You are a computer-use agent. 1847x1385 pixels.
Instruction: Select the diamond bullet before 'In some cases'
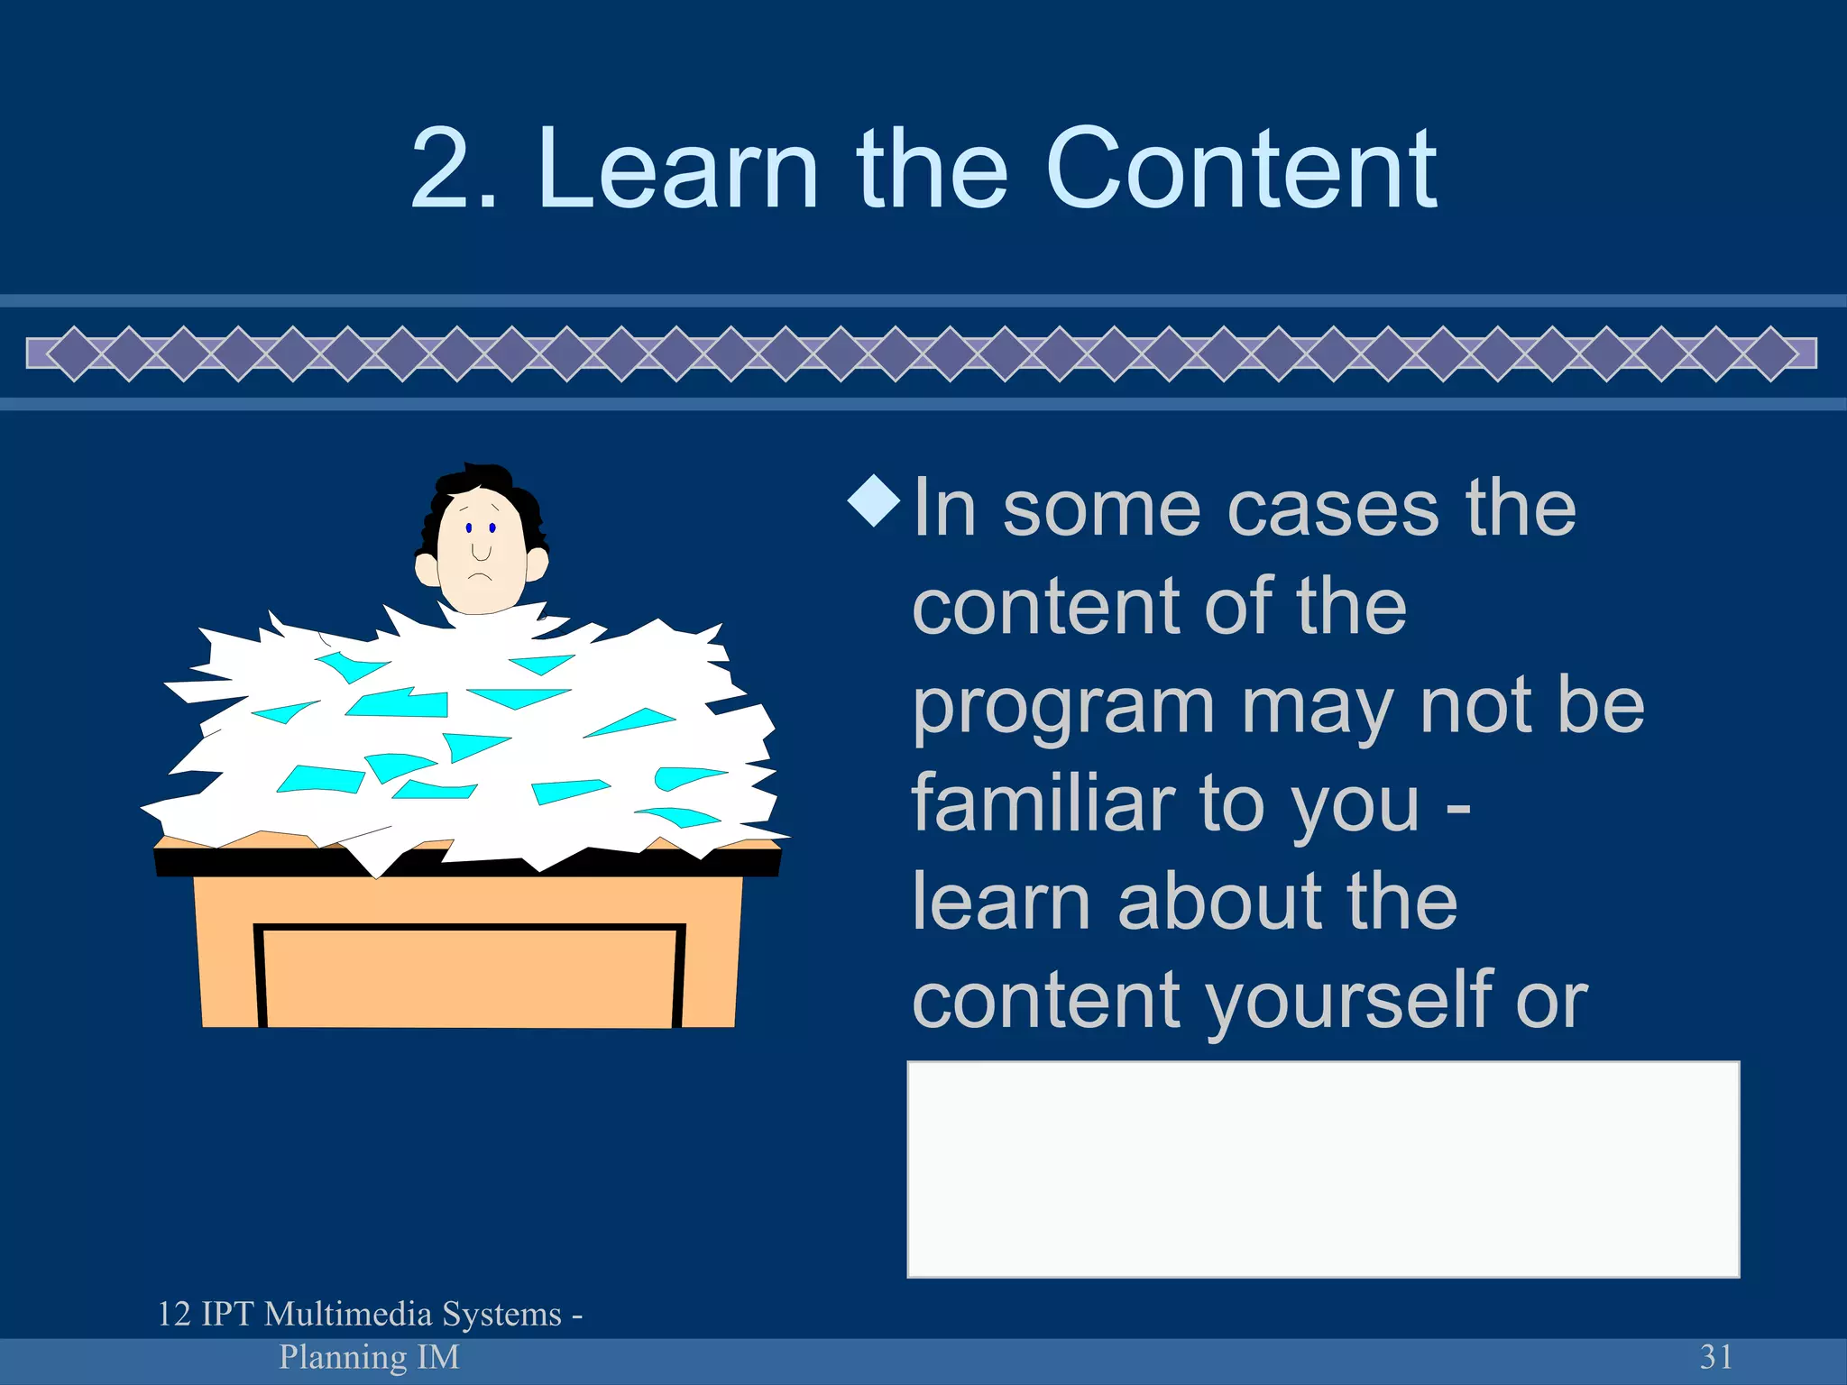(x=874, y=500)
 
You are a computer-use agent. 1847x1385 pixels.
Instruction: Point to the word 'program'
(x=1063, y=709)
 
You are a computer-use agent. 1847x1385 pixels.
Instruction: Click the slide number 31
(x=1715, y=1356)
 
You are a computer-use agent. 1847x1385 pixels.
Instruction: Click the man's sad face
(x=481, y=550)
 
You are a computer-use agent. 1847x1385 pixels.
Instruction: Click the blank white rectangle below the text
(x=1322, y=1169)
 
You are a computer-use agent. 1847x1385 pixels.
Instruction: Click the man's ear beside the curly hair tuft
(x=536, y=564)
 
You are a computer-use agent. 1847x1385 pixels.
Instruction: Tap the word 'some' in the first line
(x=1101, y=509)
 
